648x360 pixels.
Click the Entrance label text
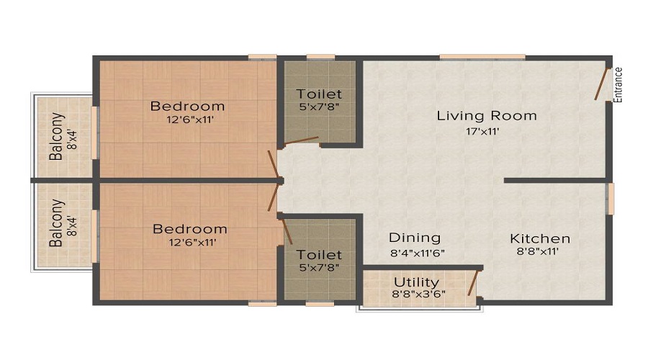[x=618, y=84]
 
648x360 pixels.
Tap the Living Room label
[x=487, y=115]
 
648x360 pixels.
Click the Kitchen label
[x=540, y=238]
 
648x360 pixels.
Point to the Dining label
[x=415, y=238]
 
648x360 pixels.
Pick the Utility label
[x=415, y=282]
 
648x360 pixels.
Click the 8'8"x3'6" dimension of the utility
[x=415, y=294]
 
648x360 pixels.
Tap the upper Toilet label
[x=319, y=94]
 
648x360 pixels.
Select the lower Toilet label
[x=319, y=254]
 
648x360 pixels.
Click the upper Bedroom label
[x=187, y=106]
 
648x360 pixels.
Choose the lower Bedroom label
[x=189, y=229]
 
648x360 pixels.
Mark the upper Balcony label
[x=56, y=136]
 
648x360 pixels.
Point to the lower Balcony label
[x=56, y=223]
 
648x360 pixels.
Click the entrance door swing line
[x=602, y=84]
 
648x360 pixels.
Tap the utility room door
[x=474, y=282]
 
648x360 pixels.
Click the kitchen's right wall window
[x=611, y=199]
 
